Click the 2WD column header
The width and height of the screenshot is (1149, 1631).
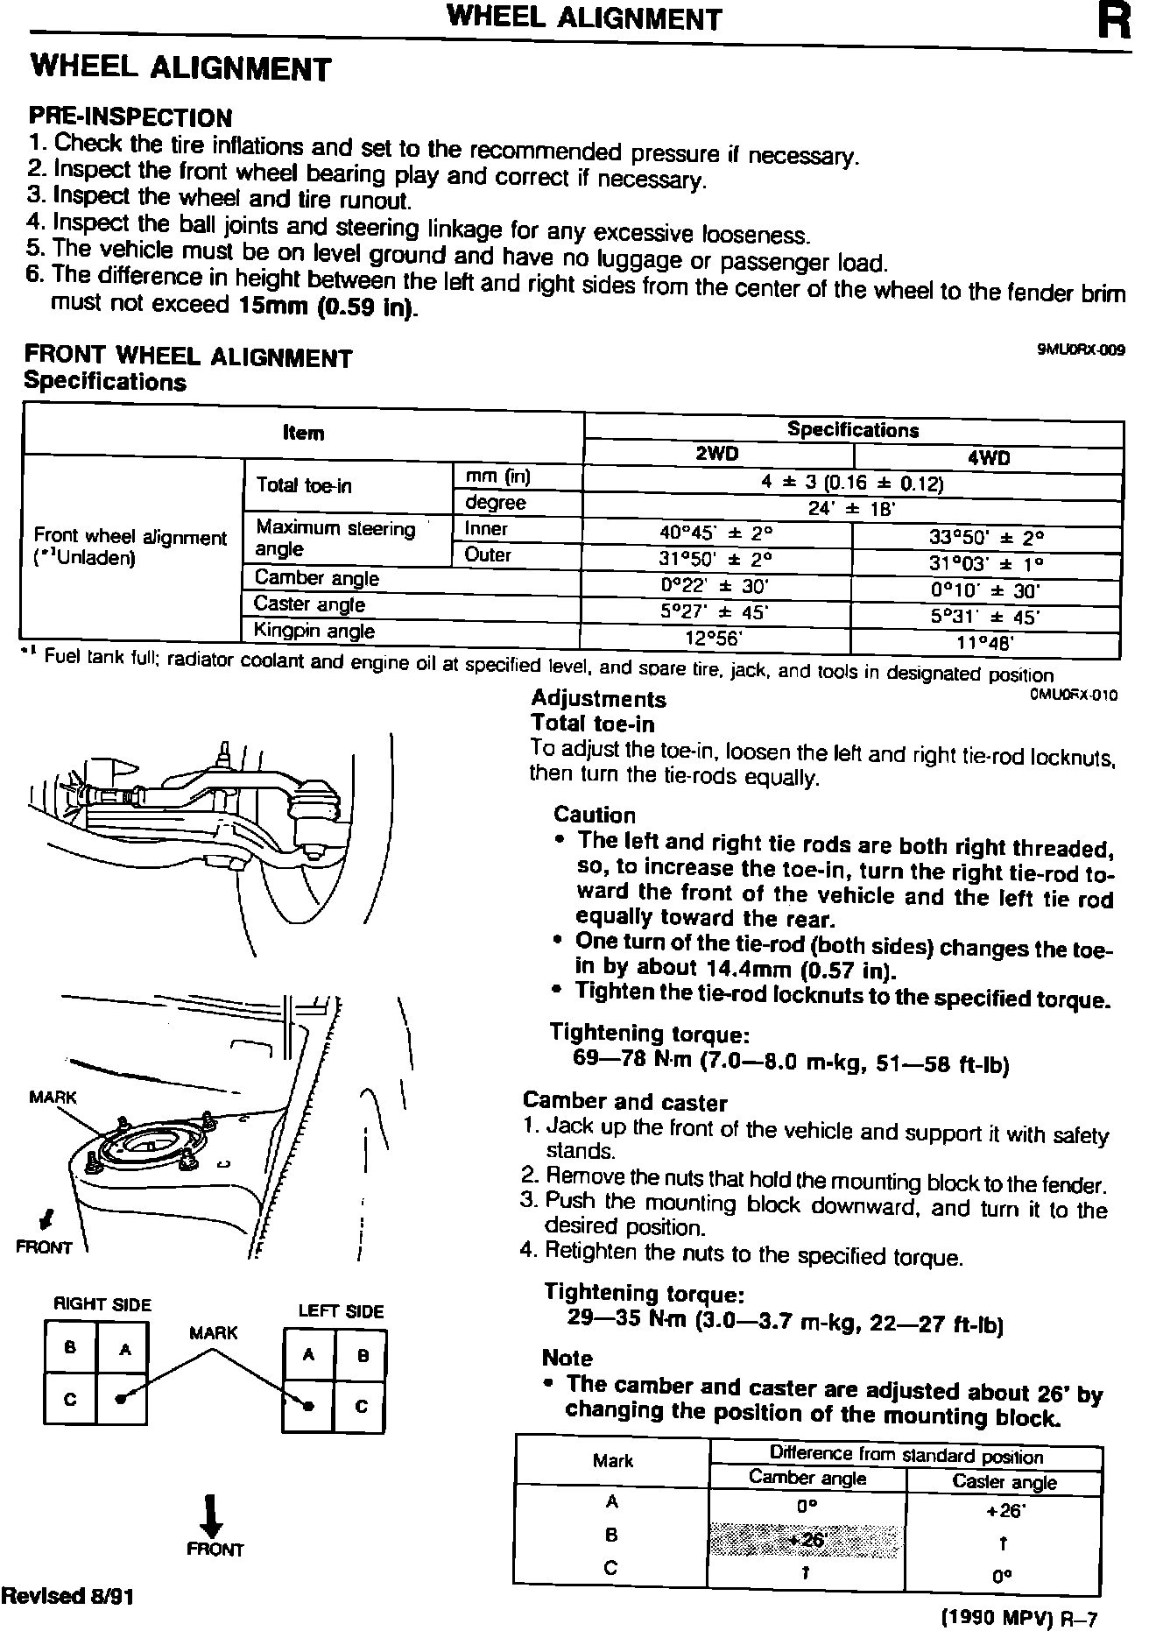[716, 455]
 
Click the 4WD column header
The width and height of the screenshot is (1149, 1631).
[989, 458]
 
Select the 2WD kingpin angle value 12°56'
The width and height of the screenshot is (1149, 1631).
[714, 639]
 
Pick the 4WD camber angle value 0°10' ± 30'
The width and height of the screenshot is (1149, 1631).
[984, 591]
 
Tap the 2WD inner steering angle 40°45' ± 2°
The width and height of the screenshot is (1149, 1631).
[715, 533]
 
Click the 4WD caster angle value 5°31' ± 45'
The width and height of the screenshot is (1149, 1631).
[984, 617]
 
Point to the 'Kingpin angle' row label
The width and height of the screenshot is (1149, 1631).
[314, 631]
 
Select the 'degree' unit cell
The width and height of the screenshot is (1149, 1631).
[495, 503]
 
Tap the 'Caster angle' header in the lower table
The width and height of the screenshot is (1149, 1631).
[1004, 1482]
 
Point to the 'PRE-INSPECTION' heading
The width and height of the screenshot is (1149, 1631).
[130, 117]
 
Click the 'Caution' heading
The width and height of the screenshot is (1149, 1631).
[595, 815]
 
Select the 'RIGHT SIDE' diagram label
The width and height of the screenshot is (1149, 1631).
[102, 1304]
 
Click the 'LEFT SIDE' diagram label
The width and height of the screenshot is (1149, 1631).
[341, 1311]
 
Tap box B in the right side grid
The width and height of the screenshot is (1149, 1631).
[70, 1348]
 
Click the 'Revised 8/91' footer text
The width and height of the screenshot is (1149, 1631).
[67, 1596]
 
